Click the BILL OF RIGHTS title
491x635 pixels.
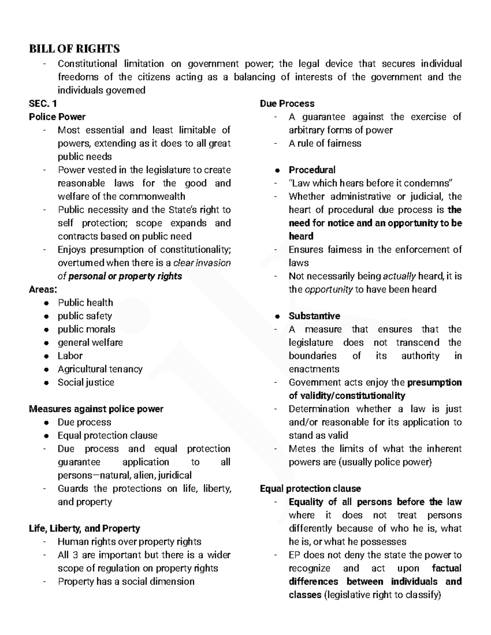[74, 49]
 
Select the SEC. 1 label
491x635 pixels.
[43, 103]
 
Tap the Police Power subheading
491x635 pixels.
[57, 117]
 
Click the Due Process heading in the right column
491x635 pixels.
[287, 103]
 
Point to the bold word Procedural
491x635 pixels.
[312, 170]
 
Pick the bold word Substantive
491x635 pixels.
[314, 316]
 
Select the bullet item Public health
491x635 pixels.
[85, 303]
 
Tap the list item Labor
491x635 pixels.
[70, 356]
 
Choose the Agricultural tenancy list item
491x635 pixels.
[100, 369]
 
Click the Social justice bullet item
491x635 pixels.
[86, 382]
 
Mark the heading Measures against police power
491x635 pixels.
[96, 409]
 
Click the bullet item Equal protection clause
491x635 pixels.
[107, 435]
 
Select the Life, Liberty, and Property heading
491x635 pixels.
[84, 529]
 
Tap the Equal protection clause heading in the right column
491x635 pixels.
[310, 489]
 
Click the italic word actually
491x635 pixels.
[399, 276]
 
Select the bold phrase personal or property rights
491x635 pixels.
[125, 276]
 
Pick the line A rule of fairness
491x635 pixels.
[325, 144]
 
